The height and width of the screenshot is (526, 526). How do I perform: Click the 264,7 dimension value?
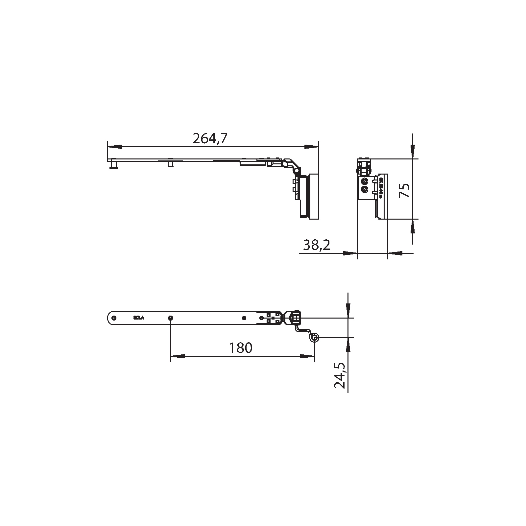point(210,139)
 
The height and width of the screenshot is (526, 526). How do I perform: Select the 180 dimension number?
point(241,348)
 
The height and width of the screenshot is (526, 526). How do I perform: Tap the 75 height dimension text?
point(404,190)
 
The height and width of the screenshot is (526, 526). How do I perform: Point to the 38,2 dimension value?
point(316,245)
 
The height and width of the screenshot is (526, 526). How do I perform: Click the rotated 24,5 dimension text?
point(340,375)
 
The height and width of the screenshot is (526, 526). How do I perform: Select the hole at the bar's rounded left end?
point(114,318)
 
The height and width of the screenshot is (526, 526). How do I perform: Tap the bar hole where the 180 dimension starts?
point(170,318)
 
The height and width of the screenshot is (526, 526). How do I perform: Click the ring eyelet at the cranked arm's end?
point(315,338)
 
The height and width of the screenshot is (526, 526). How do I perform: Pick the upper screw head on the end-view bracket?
point(365,182)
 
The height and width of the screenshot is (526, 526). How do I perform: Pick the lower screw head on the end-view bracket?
point(365,189)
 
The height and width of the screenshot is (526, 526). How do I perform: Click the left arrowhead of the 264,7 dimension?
point(115,147)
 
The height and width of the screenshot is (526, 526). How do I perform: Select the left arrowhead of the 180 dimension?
point(178,356)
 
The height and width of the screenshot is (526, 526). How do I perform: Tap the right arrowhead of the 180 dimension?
point(307,356)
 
